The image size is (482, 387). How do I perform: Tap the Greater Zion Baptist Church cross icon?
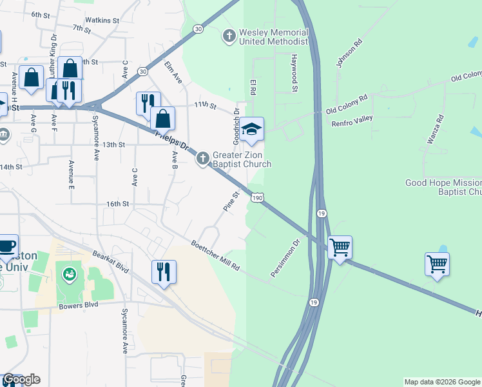click(203, 159)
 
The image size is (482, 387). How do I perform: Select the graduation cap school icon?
click(253, 129)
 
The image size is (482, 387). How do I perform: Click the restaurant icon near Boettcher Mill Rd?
click(164, 271)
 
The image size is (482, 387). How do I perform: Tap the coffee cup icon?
click(7, 246)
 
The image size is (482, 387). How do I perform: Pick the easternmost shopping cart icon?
click(437, 263)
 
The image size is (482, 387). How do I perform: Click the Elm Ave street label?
click(174, 72)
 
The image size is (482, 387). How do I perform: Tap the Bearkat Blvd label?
click(111, 264)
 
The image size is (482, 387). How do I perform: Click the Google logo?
click(21, 379)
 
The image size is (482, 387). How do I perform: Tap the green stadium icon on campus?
click(69, 275)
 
